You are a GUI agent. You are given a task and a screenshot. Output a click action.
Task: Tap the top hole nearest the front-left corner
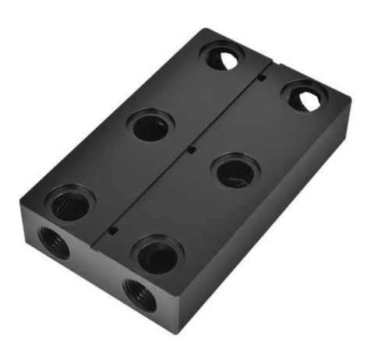tap(69, 204)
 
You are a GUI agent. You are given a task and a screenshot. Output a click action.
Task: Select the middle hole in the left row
tap(150, 125)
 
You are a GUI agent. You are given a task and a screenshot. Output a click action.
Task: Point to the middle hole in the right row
tap(235, 171)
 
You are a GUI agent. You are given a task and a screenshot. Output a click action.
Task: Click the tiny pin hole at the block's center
tap(192, 150)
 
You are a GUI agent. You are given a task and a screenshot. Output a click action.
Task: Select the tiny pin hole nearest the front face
tap(114, 231)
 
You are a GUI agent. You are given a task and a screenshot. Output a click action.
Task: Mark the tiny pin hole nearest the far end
tap(264, 77)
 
